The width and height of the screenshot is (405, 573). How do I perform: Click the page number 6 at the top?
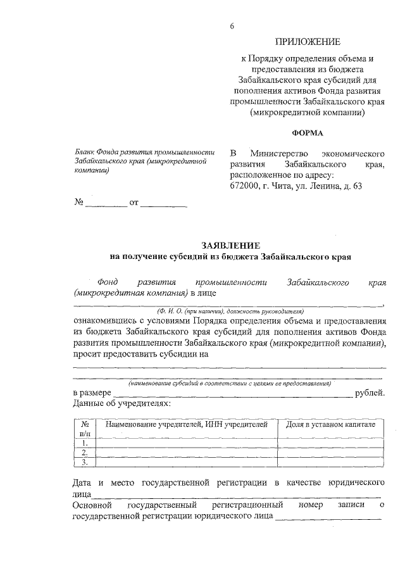tap(232, 26)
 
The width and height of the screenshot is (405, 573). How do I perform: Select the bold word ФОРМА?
tap(307, 133)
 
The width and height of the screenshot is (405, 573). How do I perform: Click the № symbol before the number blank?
tap(80, 203)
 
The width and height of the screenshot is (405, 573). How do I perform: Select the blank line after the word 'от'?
tap(163, 205)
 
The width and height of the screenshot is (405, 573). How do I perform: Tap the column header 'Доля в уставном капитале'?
tap(331, 424)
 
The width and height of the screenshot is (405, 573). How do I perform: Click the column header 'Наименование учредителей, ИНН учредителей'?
tap(187, 424)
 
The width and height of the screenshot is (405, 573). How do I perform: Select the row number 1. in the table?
tap(85, 443)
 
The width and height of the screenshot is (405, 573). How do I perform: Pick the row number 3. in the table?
tap(85, 462)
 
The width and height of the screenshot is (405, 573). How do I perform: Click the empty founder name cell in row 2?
tap(187, 453)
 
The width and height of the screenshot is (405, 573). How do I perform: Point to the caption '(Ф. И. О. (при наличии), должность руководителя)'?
tap(230, 312)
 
